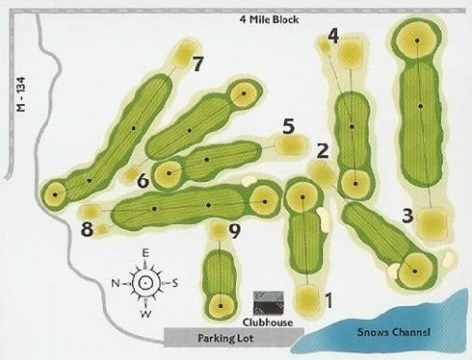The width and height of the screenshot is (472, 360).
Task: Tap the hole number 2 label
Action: coord(323,150)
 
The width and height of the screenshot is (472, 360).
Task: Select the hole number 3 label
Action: coord(407,215)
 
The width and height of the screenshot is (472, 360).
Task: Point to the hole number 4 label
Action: coord(333,37)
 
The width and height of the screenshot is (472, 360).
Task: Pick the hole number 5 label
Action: coord(287,125)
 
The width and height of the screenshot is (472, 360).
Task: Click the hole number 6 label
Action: coord(143,179)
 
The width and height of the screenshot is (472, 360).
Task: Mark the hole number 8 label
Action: coord(88,229)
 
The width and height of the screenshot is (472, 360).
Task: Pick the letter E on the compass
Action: coord(144,253)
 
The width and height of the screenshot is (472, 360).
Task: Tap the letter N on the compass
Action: coord(116,283)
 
